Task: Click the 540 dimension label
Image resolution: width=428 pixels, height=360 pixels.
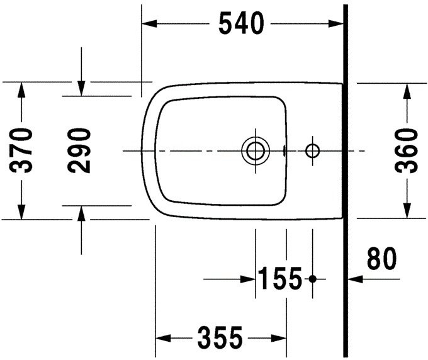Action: tap(240, 24)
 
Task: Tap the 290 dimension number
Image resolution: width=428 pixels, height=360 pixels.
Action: tap(81, 150)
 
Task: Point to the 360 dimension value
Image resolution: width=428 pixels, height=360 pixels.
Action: tap(408, 150)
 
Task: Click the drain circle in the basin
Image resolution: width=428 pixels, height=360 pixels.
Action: tap(256, 151)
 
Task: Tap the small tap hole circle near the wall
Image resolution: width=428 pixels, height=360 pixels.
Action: tap(312, 151)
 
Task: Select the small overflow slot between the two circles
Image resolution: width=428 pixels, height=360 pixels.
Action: tap(285, 151)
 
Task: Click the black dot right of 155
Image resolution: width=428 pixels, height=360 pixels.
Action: tap(313, 278)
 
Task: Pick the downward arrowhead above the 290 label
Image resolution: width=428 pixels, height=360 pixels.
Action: tap(81, 89)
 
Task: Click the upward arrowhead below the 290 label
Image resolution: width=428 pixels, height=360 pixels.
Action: tap(81, 212)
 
